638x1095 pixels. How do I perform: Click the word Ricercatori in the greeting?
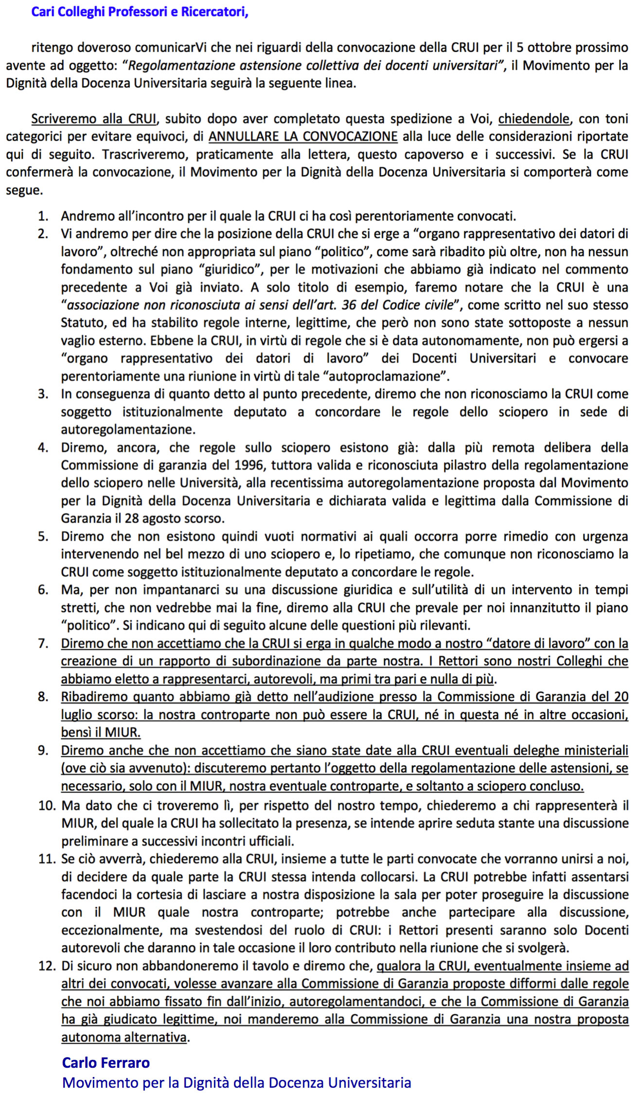[214, 12]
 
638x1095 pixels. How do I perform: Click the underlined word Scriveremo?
[64, 119]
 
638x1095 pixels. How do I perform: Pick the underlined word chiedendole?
[533, 119]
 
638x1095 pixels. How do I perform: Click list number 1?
[43, 216]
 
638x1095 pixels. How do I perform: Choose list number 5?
[43, 537]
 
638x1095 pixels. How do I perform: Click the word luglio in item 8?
[79, 715]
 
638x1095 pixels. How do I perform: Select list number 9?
[43, 751]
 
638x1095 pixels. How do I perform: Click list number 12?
[47, 966]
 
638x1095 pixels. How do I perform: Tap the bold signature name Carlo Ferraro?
[106, 1063]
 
